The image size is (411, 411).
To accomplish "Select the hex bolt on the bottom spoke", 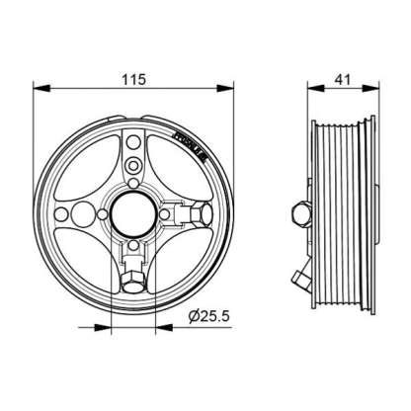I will (131, 284).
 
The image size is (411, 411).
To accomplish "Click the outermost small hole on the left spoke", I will (63, 213).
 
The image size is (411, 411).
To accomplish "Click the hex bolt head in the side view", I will (299, 213).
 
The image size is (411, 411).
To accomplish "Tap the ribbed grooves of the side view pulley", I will (348, 211).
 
